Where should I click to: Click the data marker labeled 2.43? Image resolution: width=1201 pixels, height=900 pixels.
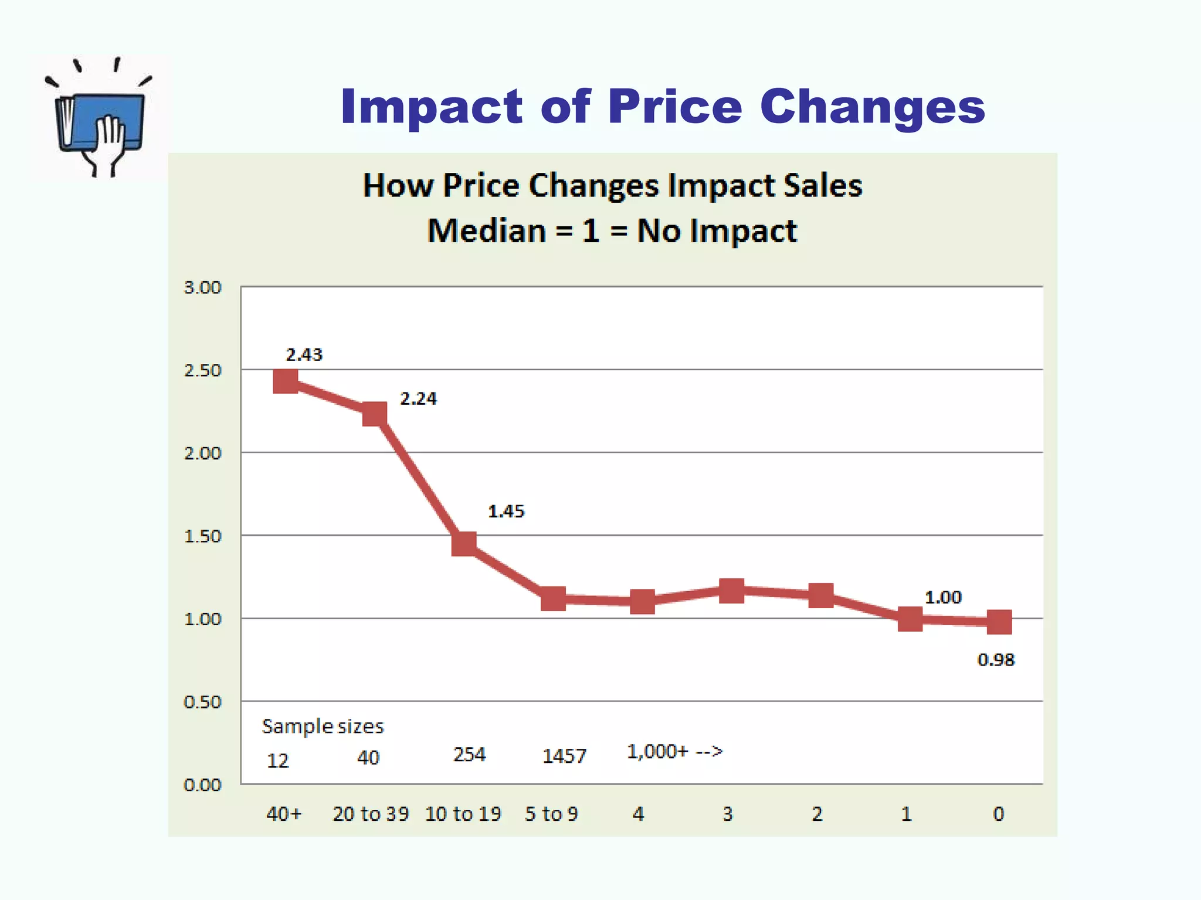pyautogui.click(x=286, y=381)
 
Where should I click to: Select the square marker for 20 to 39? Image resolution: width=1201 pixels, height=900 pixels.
pyautogui.click(x=375, y=414)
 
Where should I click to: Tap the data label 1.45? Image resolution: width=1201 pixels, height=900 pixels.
pyautogui.click(x=506, y=512)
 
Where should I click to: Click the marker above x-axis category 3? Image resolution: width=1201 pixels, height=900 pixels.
pyautogui.click(x=731, y=591)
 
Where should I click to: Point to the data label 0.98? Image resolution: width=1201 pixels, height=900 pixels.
pyautogui.click(x=996, y=660)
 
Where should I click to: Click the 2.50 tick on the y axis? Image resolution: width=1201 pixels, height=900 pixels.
pyautogui.click(x=203, y=370)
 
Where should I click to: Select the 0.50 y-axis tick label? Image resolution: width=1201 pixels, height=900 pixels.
pyautogui.click(x=203, y=701)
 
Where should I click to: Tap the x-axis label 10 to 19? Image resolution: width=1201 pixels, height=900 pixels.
pyautogui.click(x=463, y=814)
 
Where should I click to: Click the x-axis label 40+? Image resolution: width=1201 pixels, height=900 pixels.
pyautogui.click(x=284, y=814)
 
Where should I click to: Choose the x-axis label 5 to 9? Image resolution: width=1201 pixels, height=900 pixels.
pyautogui.click(x=551, y=814)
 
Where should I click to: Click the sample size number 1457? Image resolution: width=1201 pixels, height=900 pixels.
pyautogui.click(x=564, y=756)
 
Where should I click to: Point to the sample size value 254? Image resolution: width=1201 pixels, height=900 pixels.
pyautogui.click(x=469, y=754)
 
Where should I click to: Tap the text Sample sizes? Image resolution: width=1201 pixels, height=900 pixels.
pyautogui.click(x=323, y=727)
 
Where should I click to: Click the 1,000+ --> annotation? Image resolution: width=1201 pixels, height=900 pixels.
pyautogui.click(x=674, y=751)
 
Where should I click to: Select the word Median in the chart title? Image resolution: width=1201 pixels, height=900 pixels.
pyautogui.click(x=487, y=231)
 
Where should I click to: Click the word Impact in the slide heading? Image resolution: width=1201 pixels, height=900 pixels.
pyautogui.click(x=431, y=107)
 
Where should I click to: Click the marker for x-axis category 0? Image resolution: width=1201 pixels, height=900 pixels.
pyautogui.click(x=999, y=622)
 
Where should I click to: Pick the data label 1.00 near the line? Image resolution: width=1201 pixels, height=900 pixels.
pyautogui.click(x=943, y=598)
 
